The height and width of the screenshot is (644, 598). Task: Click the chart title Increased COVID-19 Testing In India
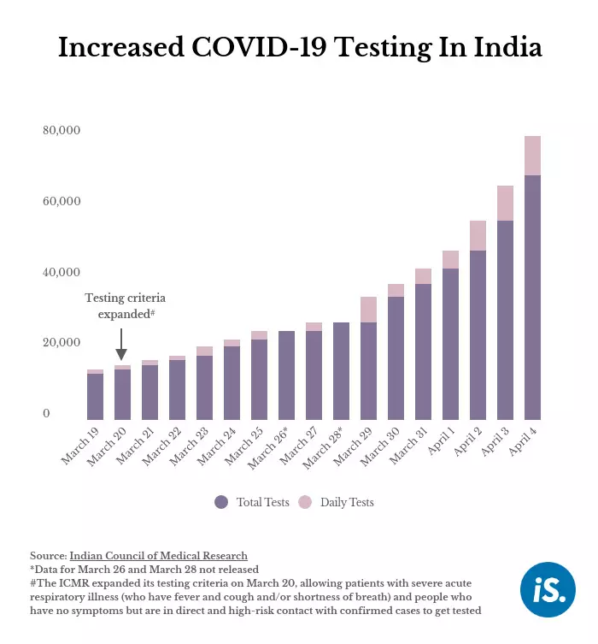pos(299,48)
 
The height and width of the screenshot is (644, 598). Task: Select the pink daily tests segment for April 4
pos(532,156)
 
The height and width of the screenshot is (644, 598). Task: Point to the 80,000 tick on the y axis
pos(62,131)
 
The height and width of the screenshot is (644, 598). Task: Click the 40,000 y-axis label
pos(62,273)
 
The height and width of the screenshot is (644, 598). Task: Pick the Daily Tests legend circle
pos(305,502)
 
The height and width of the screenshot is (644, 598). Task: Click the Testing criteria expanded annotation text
pos(125,306)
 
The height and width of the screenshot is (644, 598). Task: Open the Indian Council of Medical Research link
pos(158,556)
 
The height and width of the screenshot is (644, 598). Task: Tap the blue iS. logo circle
pos(548,590)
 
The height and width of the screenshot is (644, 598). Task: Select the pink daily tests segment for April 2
pos(478,235)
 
